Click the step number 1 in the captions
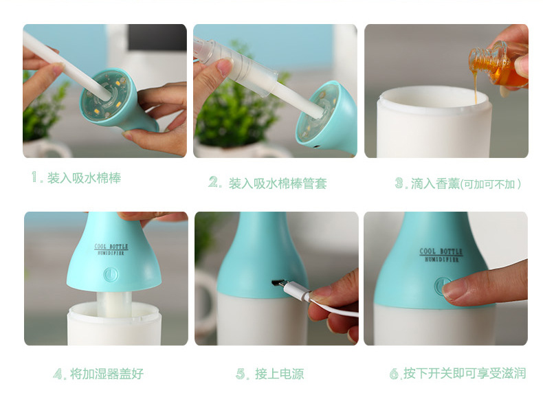pyautogui.click(x=36, y=177)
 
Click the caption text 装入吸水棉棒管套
pyautogui.click(x=277, y=183)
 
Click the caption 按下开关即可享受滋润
pyautogui.click(x=464, y=374)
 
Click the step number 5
pyautogui.click(x=242, y=374)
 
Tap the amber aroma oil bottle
pyautogui.click(x=496, y=67)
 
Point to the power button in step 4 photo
pyautogui.click(x=111, y=274)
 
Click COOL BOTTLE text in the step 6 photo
pyautogui.click(x=441, y=251)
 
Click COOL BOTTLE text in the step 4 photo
pyautogui.click(x=111, y=247)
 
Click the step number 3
pyautogui.click(x=401, y=183)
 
